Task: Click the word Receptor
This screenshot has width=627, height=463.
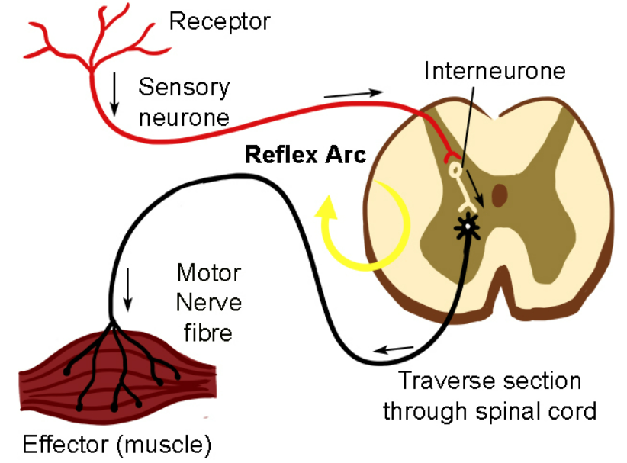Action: (x=220, y=21)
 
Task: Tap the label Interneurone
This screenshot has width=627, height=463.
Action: (x=495, y=71)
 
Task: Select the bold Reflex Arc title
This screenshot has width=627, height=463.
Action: (x=305, y=155)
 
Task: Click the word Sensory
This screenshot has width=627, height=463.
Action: (x=183, y=87)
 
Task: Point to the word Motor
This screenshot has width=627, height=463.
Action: (x=209, y=272)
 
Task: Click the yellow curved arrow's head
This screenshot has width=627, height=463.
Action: (x=328, y=205)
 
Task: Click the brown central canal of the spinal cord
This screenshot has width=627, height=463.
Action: (x=500, y=195)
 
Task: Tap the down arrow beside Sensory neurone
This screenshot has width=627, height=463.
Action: (x=114, y=95)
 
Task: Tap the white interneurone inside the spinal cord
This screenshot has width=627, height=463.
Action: (x=461, y=187)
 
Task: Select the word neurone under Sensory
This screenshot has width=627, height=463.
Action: (x=183, y=117)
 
